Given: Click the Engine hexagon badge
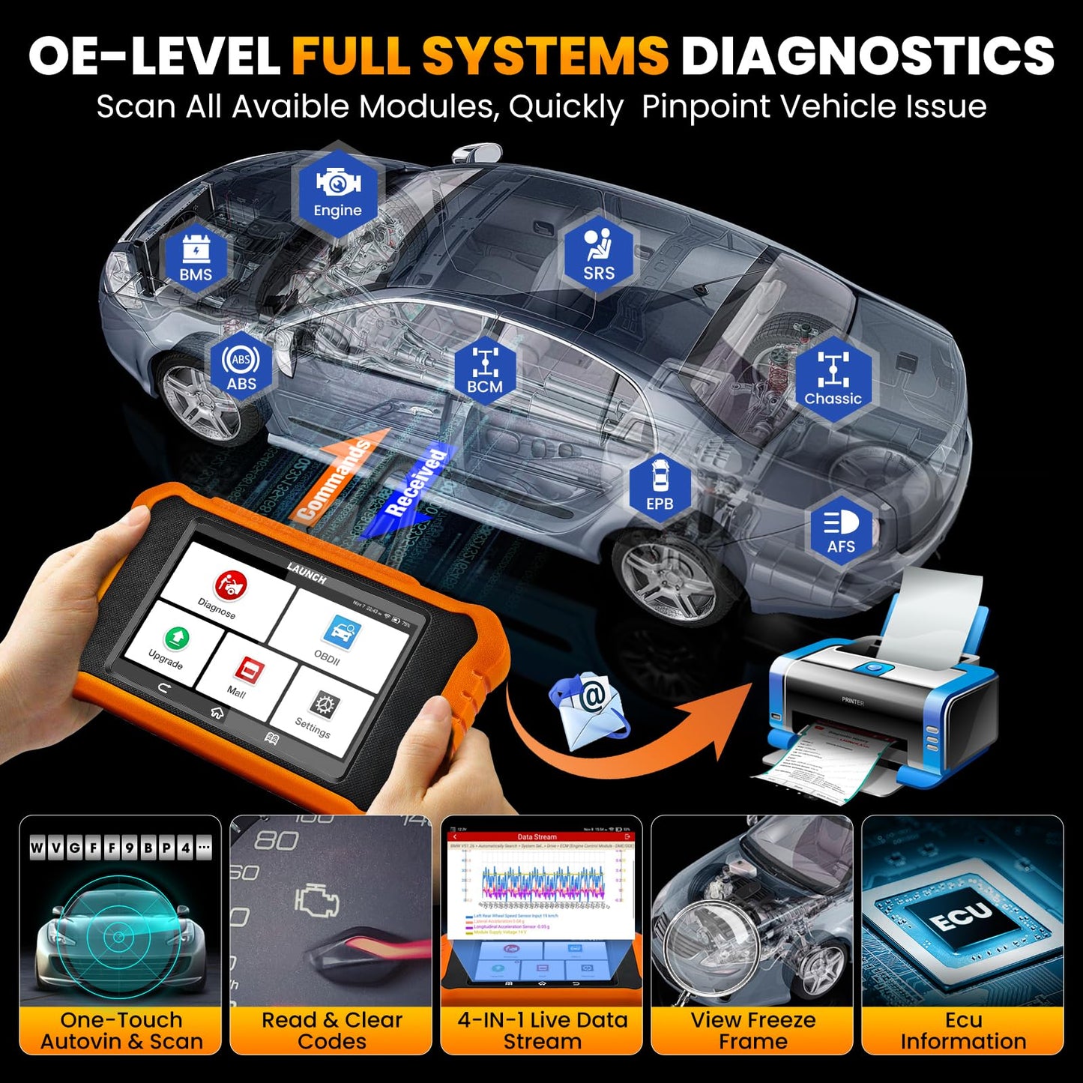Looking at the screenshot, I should [x=337, y=190].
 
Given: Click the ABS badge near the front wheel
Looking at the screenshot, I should [x=241, y=366].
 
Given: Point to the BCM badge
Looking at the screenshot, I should [x=485, y=370].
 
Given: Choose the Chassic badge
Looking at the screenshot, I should [x=833, y=379].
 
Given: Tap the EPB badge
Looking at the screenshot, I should [x=660, y=486].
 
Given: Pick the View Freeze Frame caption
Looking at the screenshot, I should [x=752, y=1031].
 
